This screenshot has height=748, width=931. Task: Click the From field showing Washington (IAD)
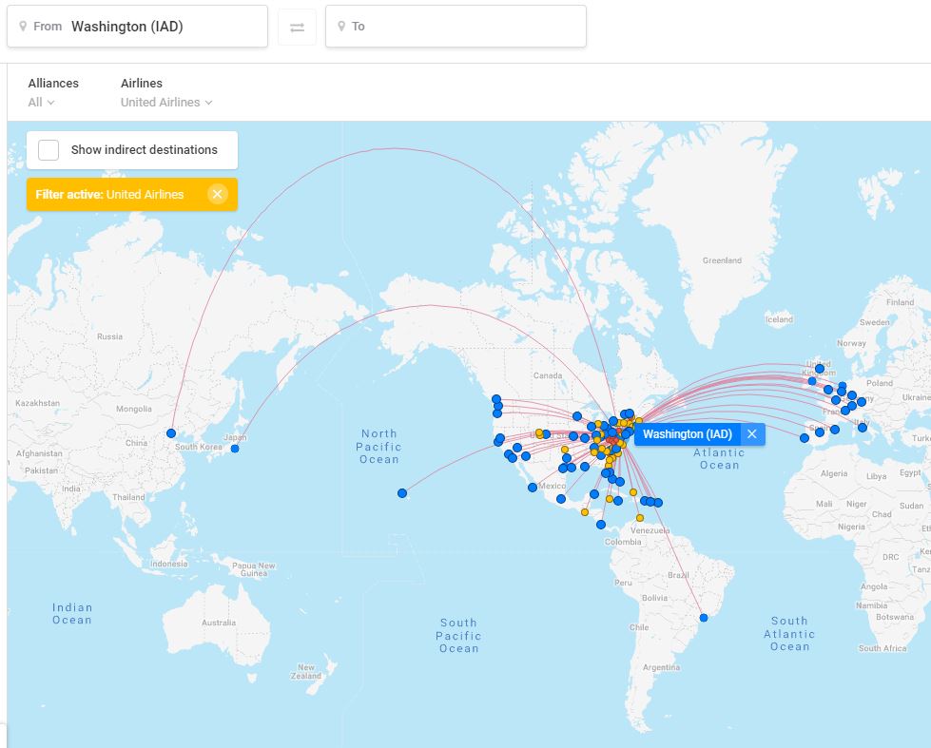(x=137, y=27)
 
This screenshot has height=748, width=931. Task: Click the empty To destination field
(x=456, y=27)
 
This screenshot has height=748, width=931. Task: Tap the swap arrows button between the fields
(x=297, y=27)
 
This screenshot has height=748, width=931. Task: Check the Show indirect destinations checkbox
(x=48, y=149)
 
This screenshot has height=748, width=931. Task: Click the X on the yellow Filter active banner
(x=217, y=194)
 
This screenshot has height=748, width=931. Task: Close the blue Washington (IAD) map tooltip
(x=751, y=434)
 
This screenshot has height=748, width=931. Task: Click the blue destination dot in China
(x=171, y=433)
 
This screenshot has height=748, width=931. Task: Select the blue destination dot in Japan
(x=235, y=449)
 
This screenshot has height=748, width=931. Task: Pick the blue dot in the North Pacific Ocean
(x=402, y=493)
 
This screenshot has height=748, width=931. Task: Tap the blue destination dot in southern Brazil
(x=704, y=618)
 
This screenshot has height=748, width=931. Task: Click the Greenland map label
(x=722, y=260)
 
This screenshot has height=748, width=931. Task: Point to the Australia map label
(x=218, y=623)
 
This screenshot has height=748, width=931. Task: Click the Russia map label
(x=109, y=336)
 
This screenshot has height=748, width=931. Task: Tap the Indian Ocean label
(x=72, y=613)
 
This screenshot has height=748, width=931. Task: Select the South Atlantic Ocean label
(x=789, y=633)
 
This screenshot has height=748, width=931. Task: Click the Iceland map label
(x=779, y=319)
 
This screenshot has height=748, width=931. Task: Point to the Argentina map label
(x=661, y=667)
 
